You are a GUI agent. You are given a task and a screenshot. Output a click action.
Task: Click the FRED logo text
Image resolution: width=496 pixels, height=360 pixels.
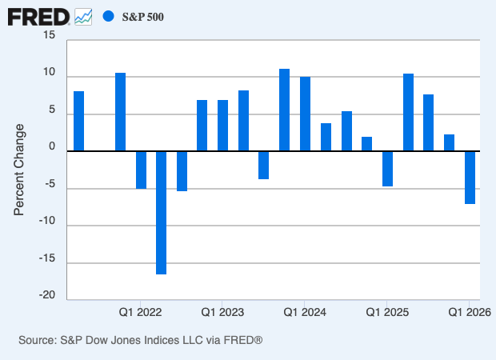(38, 16)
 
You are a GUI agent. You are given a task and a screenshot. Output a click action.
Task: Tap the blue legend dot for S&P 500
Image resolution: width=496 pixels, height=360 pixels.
(109, 16)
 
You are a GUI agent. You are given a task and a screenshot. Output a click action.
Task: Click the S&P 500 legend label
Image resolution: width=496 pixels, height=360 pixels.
(143, 17)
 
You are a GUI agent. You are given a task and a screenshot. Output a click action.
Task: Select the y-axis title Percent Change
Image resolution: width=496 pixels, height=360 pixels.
(20, 169)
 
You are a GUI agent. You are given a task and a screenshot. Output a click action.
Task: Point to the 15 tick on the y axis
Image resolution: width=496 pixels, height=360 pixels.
(50, 36)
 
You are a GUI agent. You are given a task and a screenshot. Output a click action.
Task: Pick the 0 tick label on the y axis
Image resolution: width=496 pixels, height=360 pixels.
(53, 147)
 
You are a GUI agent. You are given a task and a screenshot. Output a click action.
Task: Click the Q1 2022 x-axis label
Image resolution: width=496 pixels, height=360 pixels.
(141, 311)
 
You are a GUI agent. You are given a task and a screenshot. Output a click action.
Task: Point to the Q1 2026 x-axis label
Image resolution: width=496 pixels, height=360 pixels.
(469, 311)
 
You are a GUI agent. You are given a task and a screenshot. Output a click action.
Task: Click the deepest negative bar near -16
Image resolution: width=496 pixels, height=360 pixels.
(162, 212)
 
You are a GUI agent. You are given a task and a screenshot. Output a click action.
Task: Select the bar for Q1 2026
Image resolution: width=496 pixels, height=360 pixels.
(470, 177)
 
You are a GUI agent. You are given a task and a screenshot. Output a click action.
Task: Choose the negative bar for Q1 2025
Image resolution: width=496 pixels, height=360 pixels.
(387, 168)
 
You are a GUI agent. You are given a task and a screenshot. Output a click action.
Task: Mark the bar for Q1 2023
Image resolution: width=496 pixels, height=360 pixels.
(223, 126)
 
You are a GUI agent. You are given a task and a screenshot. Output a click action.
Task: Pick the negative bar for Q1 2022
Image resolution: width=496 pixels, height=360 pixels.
(141, 169)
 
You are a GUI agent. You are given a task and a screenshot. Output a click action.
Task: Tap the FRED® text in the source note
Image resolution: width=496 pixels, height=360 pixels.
(242, 341)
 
